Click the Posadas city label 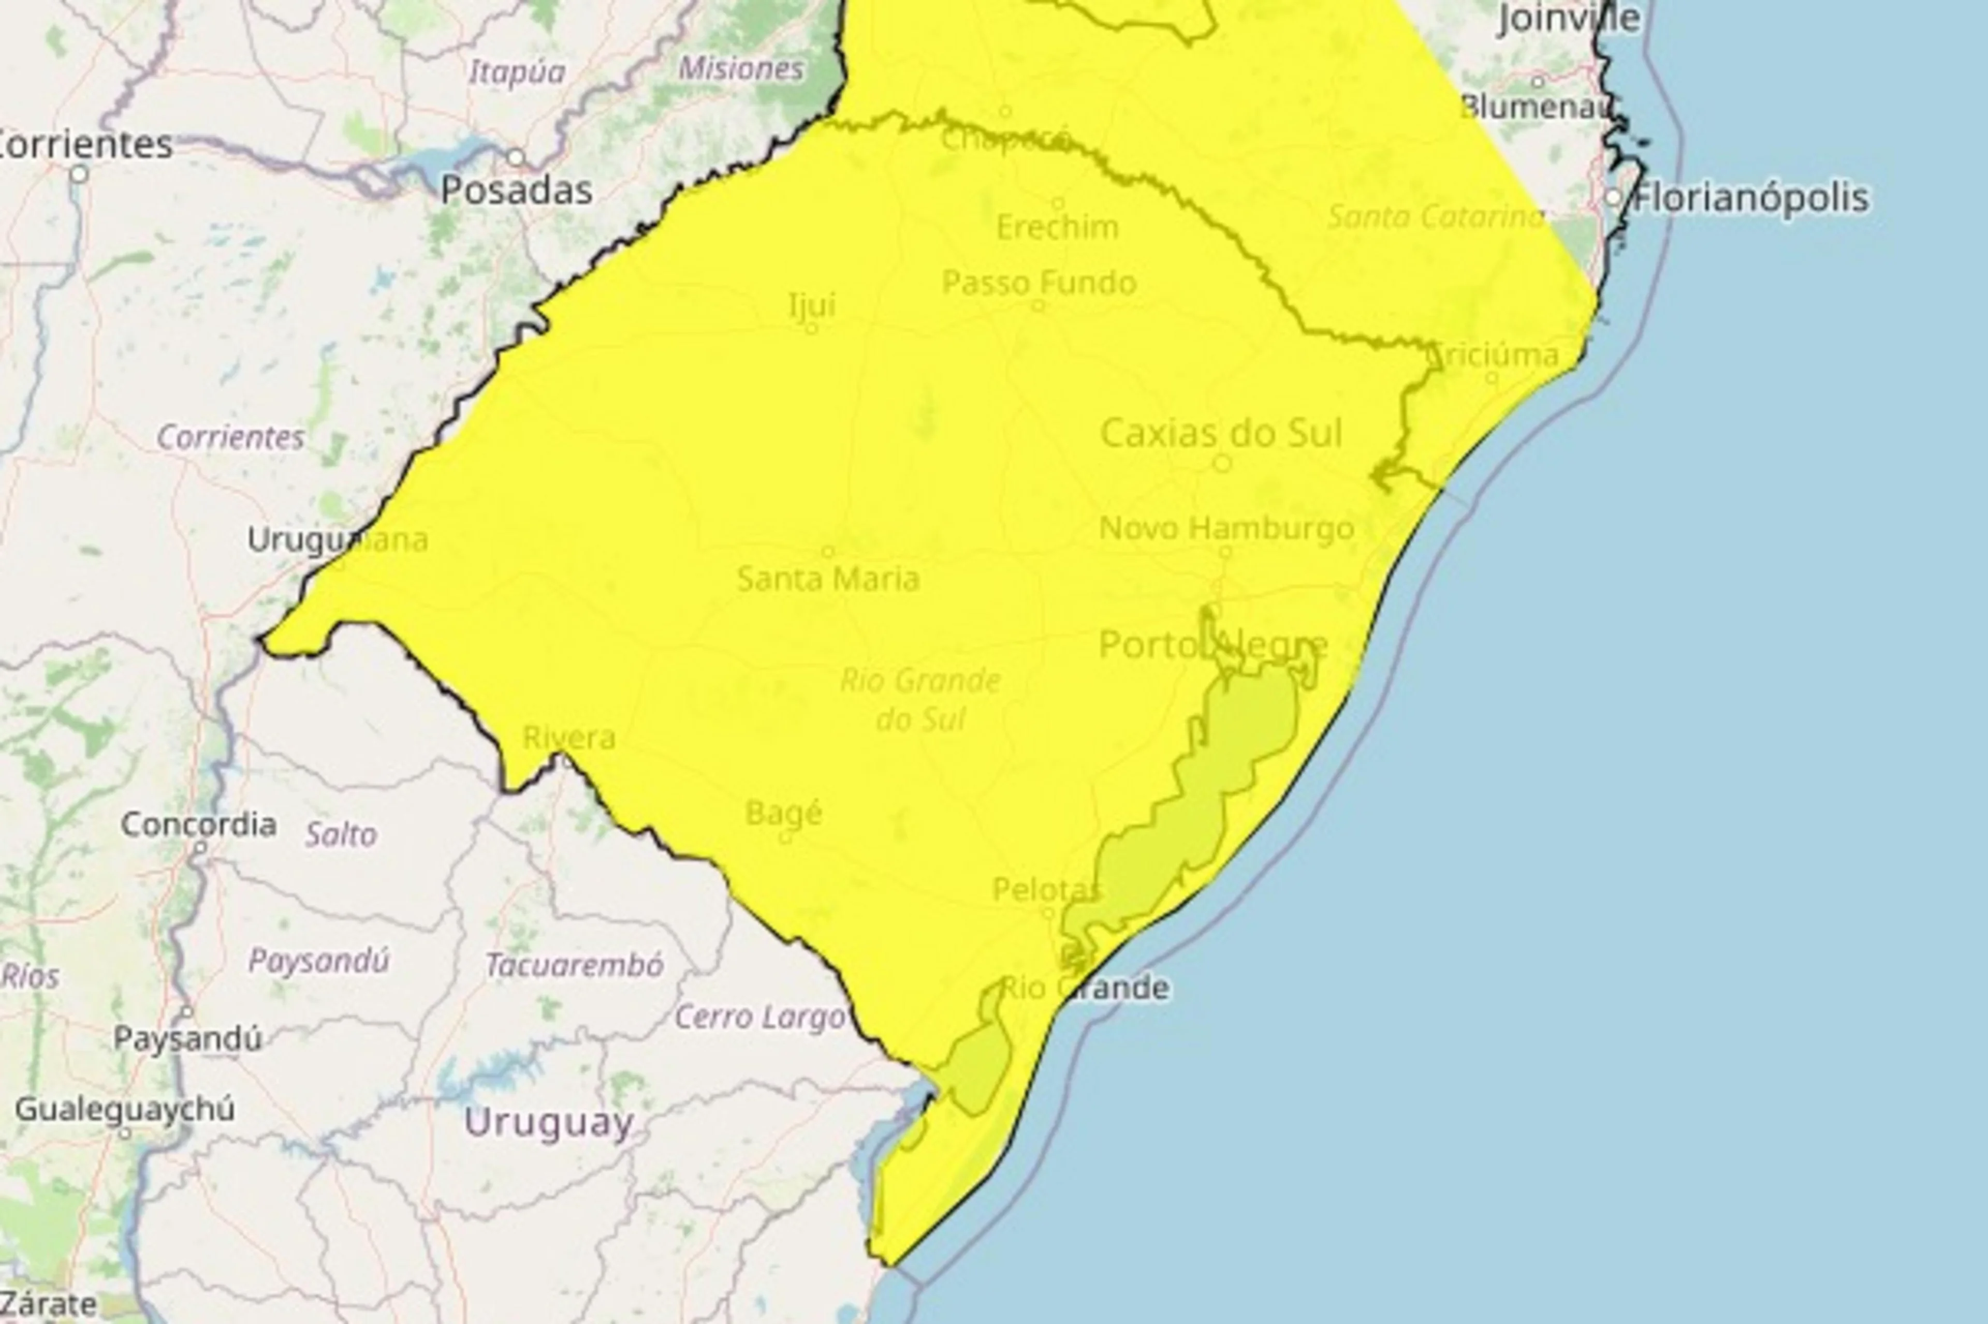coord(516,191)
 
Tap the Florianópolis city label coord(1751,198)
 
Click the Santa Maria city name coord(828,579)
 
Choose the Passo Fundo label coord(1039,283)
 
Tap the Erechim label coord(1057,227)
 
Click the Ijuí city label coord(812,305)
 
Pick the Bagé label coord(784,813)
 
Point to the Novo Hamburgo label coord(1226,528)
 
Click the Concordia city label coord(198,824)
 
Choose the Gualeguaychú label coord(125,1109)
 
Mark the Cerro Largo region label coord(760,1018)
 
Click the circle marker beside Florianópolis coord(1613,198)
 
